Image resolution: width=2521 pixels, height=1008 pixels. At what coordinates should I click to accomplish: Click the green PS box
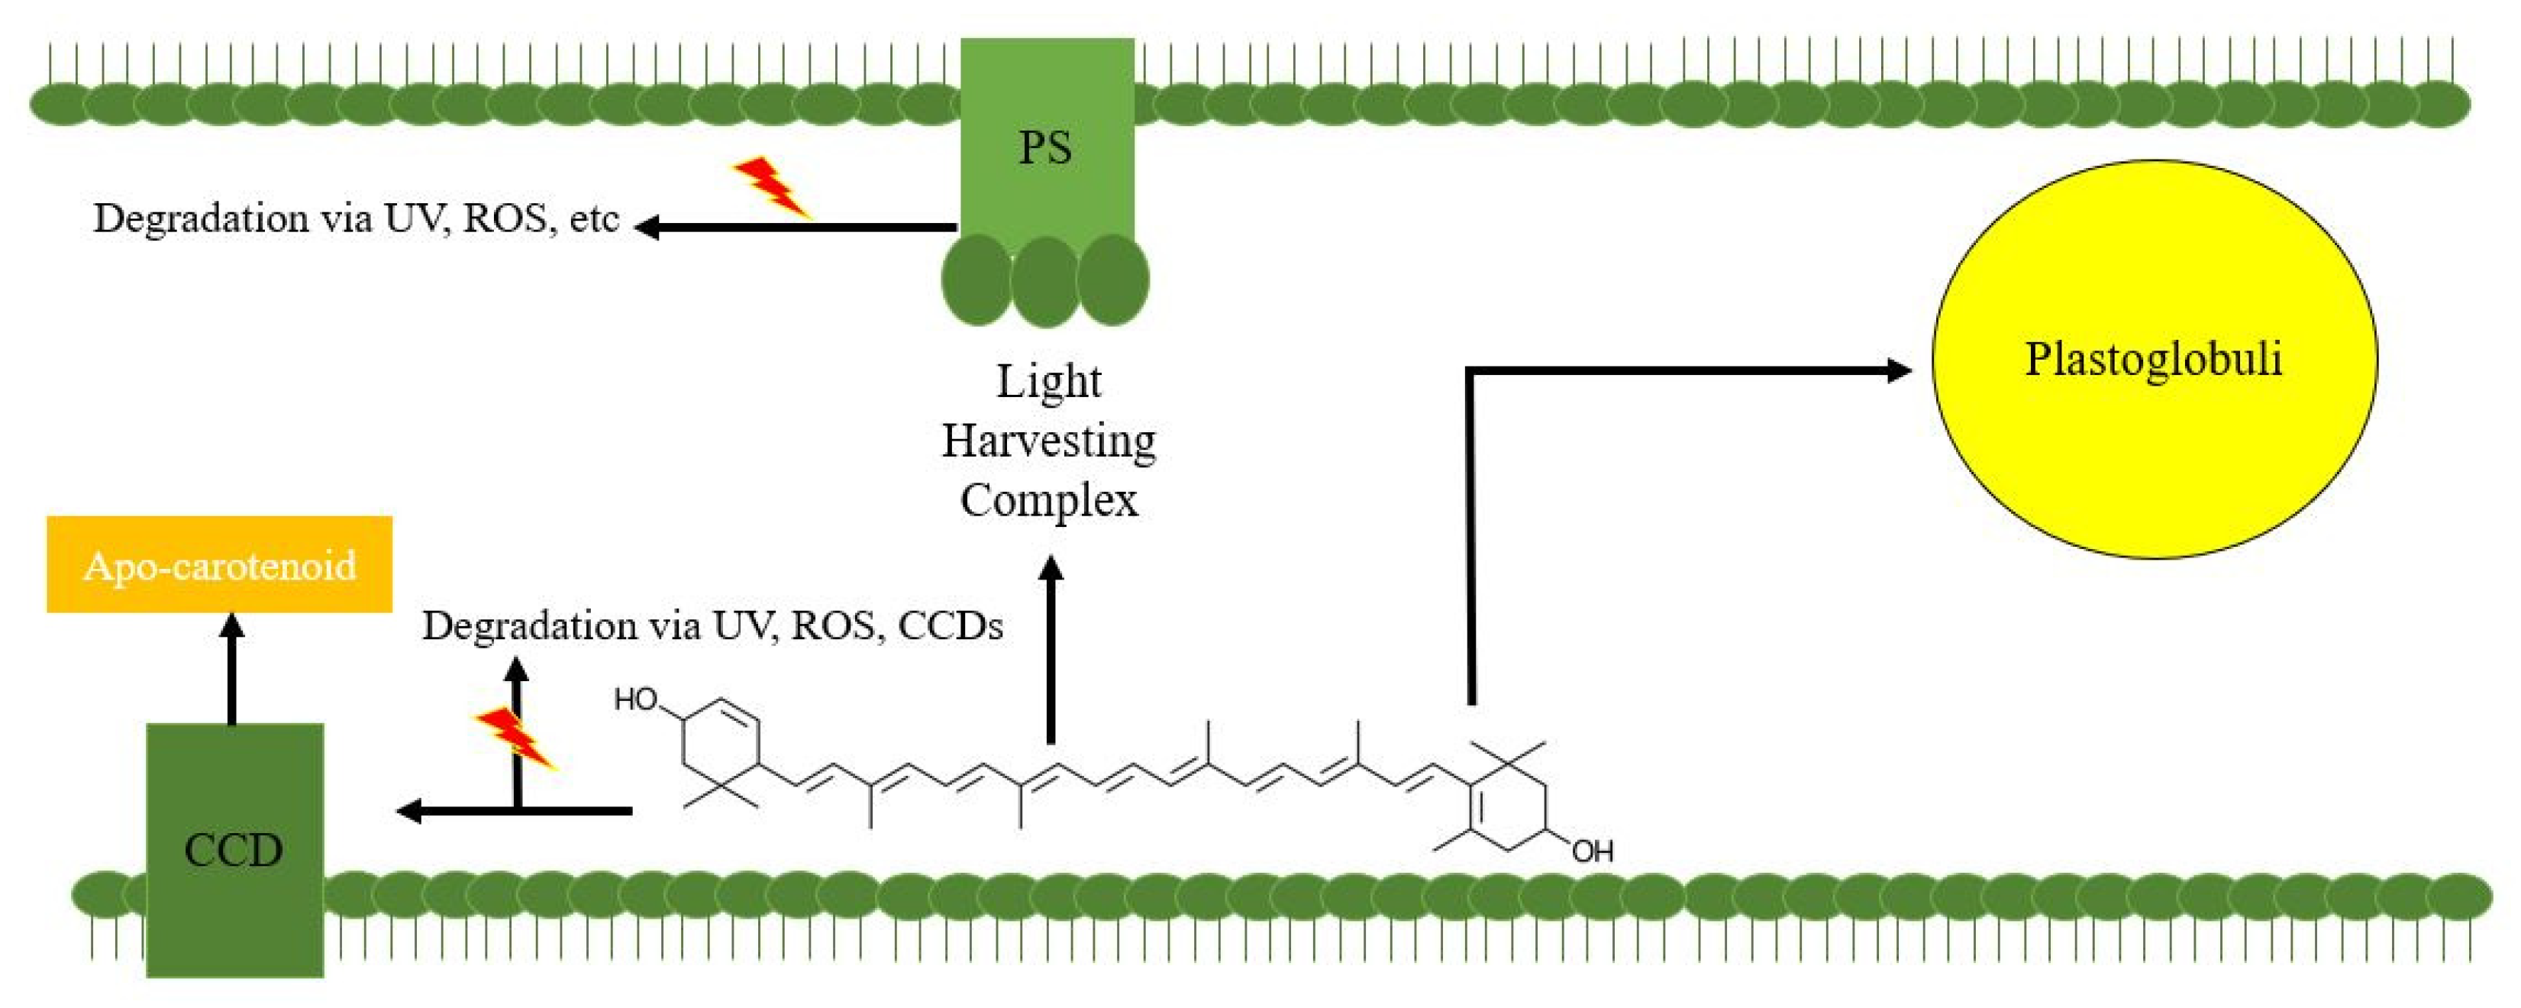pos(1046,137)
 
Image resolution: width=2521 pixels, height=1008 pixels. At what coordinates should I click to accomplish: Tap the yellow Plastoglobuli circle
pos(2154,359)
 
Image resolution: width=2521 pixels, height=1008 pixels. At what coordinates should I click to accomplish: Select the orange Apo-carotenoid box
pos(219,564)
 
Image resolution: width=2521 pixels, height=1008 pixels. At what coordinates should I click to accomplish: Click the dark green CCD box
pos(235,849)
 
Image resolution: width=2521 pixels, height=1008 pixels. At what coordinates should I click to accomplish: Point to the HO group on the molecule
pos(635,699)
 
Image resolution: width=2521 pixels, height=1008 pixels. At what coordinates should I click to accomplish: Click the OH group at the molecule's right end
pos(1593,851)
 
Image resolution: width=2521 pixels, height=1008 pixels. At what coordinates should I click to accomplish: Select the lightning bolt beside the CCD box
pos(516,737)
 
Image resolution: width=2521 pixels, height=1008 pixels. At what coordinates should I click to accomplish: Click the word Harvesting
pos(1048,441)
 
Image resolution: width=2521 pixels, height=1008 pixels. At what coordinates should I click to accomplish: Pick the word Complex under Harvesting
pos(1048,501)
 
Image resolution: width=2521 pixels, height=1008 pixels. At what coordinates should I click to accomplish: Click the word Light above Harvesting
pos(1048,382)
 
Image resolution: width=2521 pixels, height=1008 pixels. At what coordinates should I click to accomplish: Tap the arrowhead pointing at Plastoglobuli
pos(1897,370)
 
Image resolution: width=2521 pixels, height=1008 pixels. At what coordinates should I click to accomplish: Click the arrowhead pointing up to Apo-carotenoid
pos(232,627)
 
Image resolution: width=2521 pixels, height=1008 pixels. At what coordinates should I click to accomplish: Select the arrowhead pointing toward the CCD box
pos(409,810)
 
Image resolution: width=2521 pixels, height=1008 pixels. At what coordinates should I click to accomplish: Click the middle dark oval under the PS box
pos(1045,281)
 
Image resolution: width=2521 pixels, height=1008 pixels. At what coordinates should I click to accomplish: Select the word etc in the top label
pos(593,218)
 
